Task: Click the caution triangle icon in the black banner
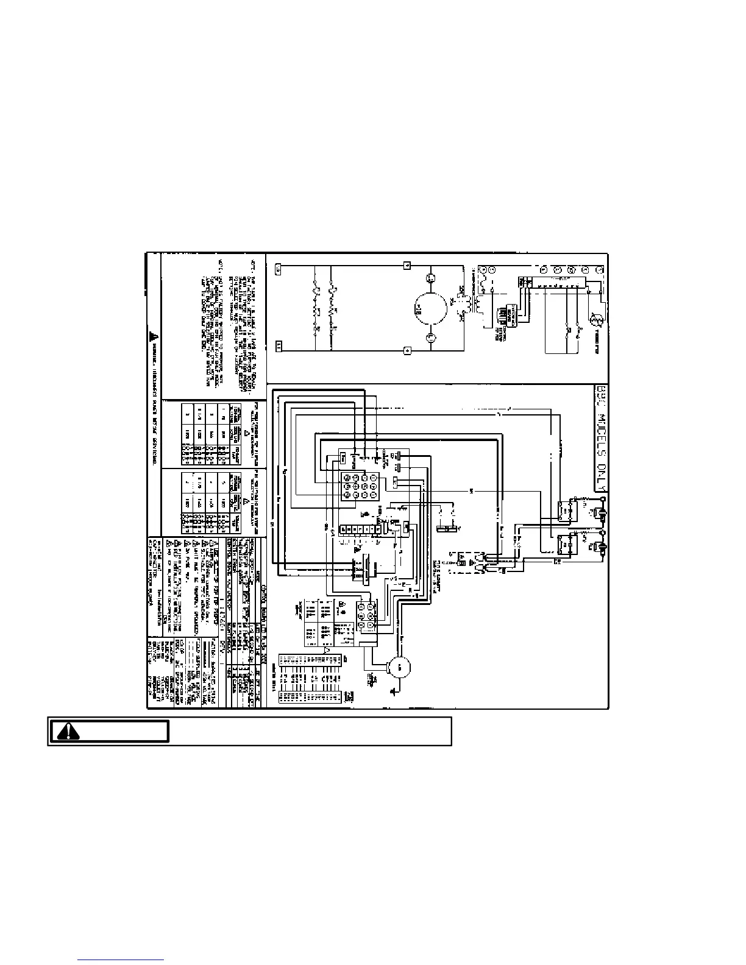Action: click(x=69, y=731)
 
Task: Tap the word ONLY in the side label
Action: click(x=600, y=479)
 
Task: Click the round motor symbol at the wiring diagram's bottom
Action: click(x=400, y=667)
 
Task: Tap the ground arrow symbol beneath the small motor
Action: click(x=393, y=690)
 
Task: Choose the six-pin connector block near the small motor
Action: click(x=367, y=617)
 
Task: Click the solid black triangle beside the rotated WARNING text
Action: click(x=153, y=336)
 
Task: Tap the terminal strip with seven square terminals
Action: click(x=358, y=531)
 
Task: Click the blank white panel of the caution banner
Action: click(x=310, y=731)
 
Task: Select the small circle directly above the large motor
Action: click(x=430, y=278)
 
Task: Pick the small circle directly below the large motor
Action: click(x=430, y=337)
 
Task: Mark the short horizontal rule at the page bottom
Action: click(x=121, y=959)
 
